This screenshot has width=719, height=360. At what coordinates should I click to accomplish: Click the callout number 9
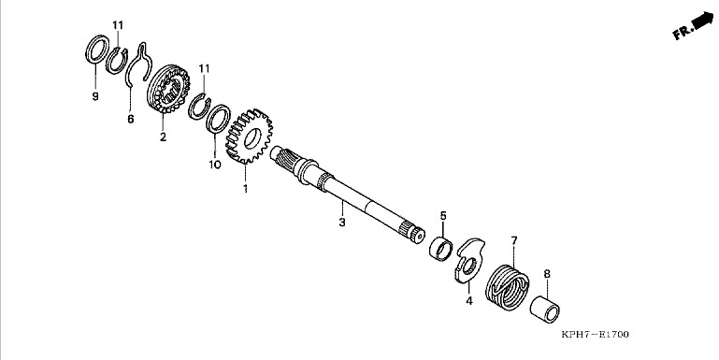pyautogui.click(x=95, y=96)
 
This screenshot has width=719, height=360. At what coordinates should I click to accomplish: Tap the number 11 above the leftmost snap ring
pyautogui.click(x=118, y=24)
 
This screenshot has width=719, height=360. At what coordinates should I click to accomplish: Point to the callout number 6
pyautogui.click(x=131, y=120)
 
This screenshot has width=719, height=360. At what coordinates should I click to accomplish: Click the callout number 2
pyautogui.click(x=164, y=137)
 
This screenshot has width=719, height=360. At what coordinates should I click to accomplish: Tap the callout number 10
pyautogui.click(x=215, y=165)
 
